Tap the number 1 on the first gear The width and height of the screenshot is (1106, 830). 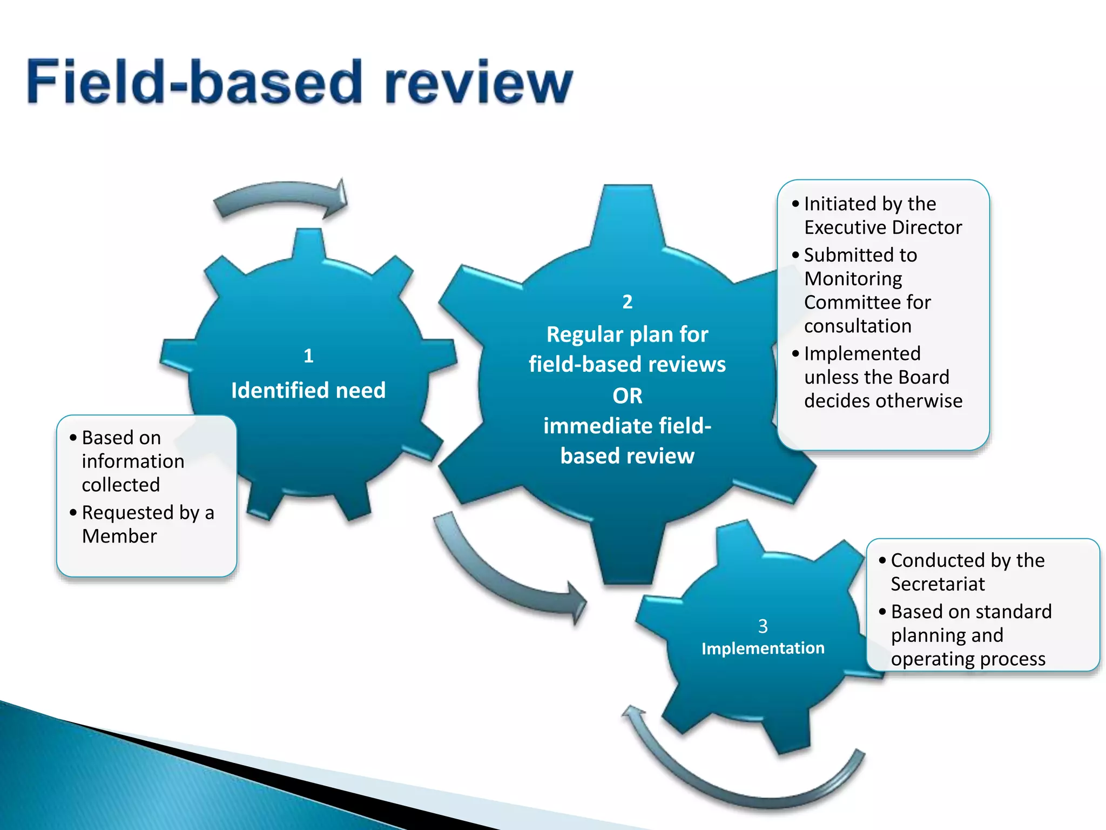coord(308,356)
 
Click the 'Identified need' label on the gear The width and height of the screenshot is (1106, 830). coord(308,390)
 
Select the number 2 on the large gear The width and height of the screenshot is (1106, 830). coord(627,302)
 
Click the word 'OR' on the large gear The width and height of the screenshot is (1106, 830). coord(627,396)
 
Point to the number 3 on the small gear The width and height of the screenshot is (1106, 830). coord(763,626)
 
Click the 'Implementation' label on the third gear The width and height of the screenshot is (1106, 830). coord(763,648)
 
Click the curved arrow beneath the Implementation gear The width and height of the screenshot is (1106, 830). coord(745,778)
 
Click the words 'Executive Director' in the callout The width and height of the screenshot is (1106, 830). coord(883,227)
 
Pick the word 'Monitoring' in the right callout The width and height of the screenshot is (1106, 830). coord(853,279)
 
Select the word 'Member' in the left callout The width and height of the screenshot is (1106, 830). coord(119,536)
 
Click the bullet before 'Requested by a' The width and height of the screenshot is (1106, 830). coord(73,512)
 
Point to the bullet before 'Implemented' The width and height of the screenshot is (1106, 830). coord(795,354)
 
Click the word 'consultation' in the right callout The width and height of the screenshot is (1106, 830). coord(858,326)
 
